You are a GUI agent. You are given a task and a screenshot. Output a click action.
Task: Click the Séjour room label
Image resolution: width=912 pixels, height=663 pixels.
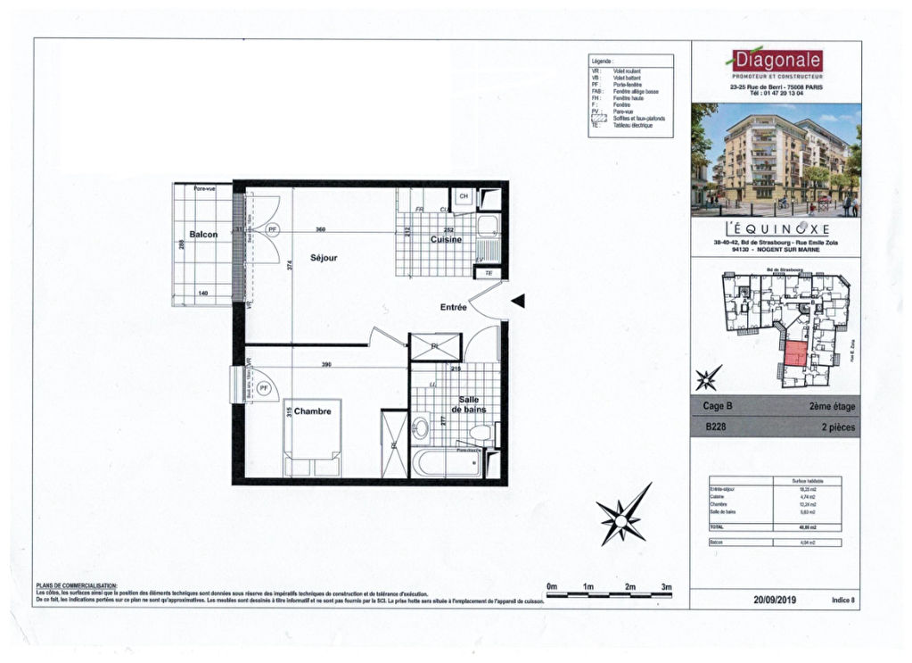coord(325,257)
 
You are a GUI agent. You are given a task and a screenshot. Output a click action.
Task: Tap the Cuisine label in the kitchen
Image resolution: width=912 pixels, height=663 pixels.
coord(446,239)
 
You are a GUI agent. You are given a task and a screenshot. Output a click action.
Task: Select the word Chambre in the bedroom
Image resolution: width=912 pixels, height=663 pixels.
coord(312,411)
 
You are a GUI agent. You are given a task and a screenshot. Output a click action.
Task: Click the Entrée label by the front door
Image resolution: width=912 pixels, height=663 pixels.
coord(453,307)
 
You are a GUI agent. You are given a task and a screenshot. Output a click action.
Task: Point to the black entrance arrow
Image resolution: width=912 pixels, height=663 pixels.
coord(518,302)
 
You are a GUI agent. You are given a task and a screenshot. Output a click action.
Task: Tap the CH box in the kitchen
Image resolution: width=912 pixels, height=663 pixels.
coord(464,197)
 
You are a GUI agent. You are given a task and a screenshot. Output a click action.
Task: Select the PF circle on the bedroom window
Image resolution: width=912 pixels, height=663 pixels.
coord(264,388)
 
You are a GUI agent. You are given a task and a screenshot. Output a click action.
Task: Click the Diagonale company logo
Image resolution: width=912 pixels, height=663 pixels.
coord(775,62)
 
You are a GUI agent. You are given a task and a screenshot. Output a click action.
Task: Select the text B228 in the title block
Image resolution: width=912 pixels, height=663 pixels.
coord(715,427)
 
